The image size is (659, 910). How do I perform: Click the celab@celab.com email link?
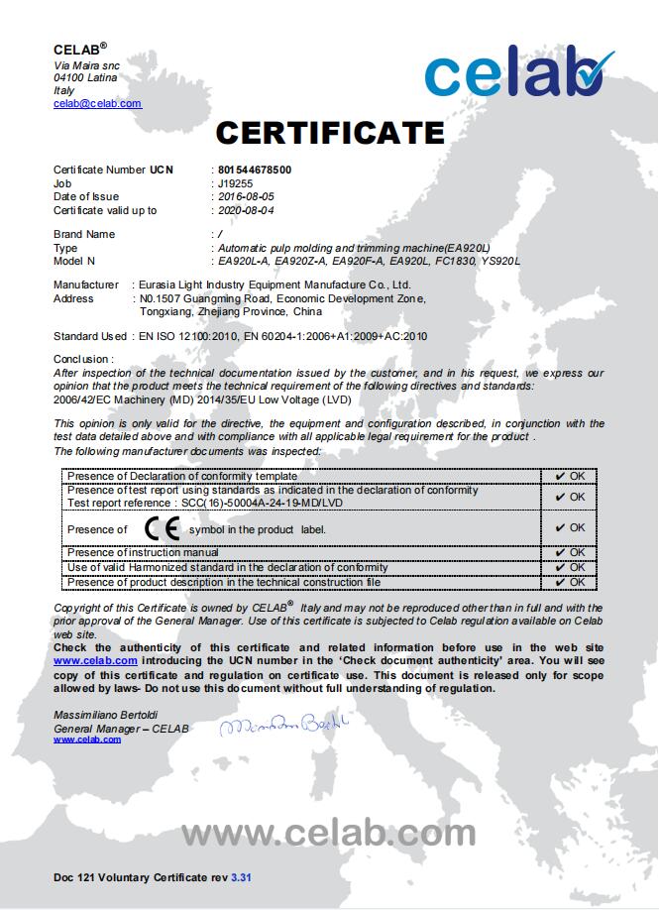(x=97, y=103)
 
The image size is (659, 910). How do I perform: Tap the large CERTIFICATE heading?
(x=330, y=132)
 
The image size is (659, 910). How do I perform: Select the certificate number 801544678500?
(x=255, y=170)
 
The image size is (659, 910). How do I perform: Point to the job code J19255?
(x=236, y=183)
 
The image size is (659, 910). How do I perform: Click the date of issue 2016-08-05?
(x=246, y=196)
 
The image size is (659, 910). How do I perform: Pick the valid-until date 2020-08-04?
(x=246, y=210)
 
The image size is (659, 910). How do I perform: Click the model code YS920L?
(x=499, y=261)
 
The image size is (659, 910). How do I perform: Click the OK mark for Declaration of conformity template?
(x=570, y=476)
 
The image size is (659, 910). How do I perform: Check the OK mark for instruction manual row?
(x=570, y=552)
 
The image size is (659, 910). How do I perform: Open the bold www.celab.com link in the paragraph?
(x=95, y=659)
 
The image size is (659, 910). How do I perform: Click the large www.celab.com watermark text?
(x=328, y=833)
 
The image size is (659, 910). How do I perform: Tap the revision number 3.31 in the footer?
(x=242, y=878)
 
